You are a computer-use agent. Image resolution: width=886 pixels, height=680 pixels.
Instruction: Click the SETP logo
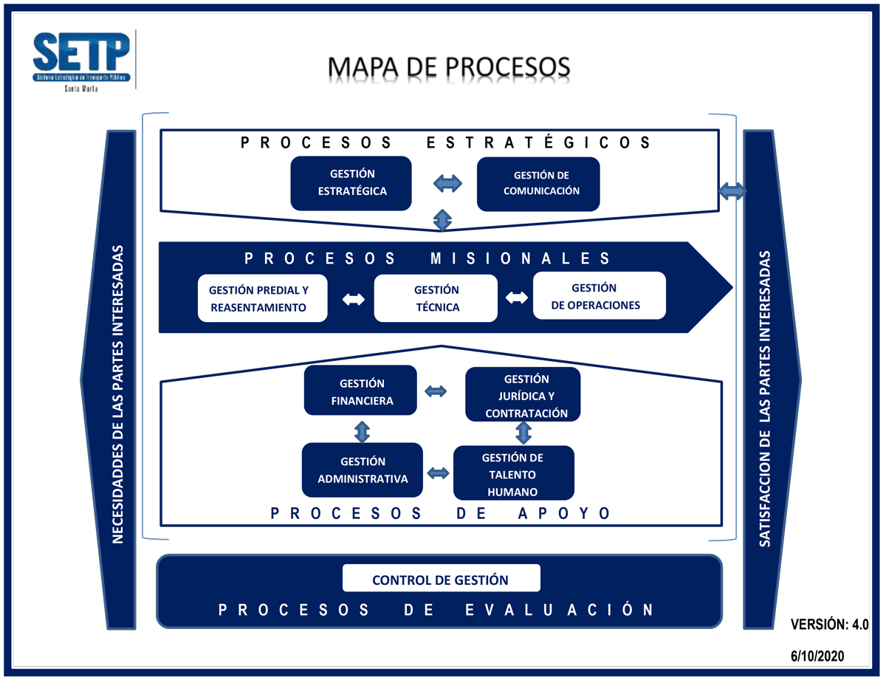(81, 59)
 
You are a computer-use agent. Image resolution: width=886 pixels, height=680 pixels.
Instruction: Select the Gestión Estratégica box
(351, 183)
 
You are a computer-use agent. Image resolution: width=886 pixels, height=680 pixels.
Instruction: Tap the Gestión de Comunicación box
(538, 184)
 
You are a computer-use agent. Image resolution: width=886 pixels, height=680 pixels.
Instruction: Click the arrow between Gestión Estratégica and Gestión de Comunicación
(446, 183)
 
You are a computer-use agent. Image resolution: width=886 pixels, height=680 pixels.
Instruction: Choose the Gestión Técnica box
(436, 298)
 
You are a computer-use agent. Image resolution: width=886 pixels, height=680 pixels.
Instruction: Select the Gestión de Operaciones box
(599, 296)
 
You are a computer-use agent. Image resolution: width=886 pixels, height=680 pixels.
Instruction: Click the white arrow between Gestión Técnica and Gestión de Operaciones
(516, 298)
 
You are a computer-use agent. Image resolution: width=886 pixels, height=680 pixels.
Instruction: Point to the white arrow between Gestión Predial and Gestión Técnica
(353, 299)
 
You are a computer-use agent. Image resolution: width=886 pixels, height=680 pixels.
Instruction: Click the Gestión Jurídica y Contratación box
(523, 395)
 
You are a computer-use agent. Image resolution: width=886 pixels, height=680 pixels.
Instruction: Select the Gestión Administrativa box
(362, 470)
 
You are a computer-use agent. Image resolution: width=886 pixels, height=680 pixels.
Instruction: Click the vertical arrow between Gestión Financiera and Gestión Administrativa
(362, 430)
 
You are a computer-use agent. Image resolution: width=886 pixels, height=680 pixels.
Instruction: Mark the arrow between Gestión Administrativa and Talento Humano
(439, 473)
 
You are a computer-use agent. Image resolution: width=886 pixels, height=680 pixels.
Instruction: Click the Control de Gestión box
(441, 580)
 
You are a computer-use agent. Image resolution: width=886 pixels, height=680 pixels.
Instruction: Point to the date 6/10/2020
(817, 655)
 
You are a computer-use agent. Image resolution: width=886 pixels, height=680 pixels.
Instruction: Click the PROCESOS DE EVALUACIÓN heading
(437, 610)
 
